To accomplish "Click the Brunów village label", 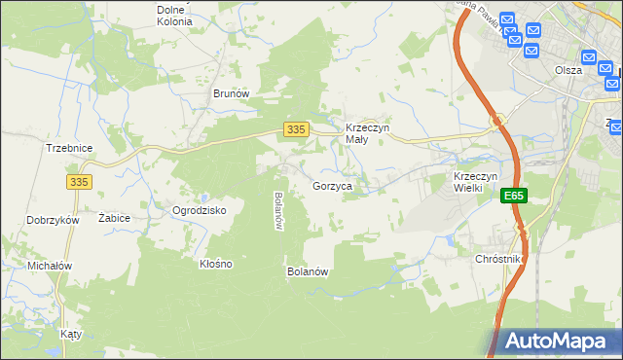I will pyautogui.click(x=232, y=94).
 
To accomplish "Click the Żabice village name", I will pyautogui.click(x=115, y=219).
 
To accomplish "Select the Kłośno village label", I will pyautogui.click(x=215, y=264).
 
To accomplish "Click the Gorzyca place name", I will pyautogui.click(x=332, y=185).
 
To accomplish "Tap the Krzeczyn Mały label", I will pyautogui.click(x=368, y=133).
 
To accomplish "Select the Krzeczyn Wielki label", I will pyautogui.click(x=475, y=181).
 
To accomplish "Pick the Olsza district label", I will pyautogui.click(x=568, y=70).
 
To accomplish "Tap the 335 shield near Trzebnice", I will pyautogui.click(x=80, y=181).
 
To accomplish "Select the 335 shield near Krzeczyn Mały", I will pyautogui.click(x=298, y=128).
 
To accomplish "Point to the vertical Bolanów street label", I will pyautogui.click(x=278, y=210).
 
